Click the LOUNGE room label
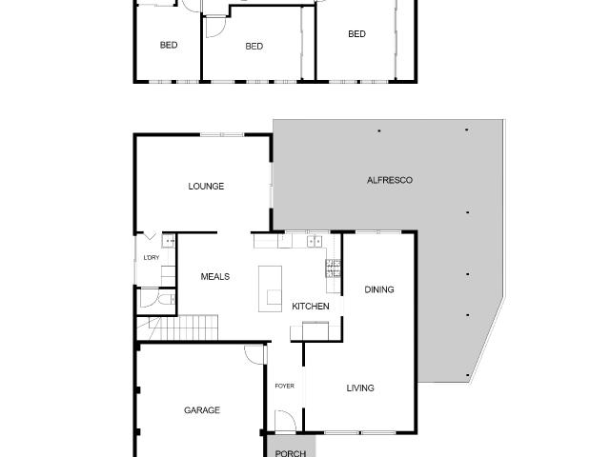[x=206, y=187]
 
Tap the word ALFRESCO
[x=390, y=180]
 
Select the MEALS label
[x=214, y=277]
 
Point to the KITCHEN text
[x=311, y=307]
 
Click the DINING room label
[x=379, y=290]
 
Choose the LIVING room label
[x=360, y=388]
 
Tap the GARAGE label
[x=202, y=410]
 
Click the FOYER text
[x=284, y=386]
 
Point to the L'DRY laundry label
[x=151, y=258]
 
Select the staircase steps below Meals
[x=191, y=328]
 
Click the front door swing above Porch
[x=283, y=420]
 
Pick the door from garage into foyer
[x=254, y=354]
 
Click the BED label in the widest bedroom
[x=356, y=34]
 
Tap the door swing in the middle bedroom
[x=214, y=29]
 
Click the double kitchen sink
[x=316, y=241]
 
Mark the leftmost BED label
[x=169, y=45]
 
